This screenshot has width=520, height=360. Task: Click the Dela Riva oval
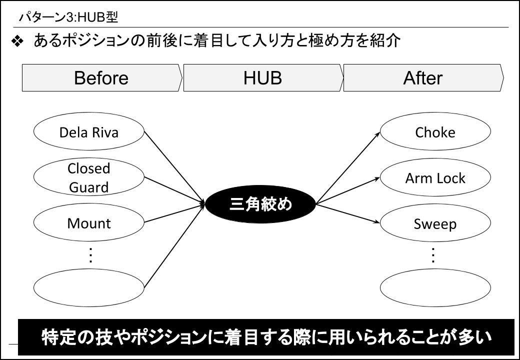[89, 131]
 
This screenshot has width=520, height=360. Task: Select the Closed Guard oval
[89, 177]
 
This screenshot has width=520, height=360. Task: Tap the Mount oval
[89, 222]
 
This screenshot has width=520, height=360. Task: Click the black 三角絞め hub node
[260, 204]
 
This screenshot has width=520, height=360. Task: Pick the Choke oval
[435, 131]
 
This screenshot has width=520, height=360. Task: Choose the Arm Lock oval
[435, 177]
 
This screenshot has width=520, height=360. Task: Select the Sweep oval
[435, 223]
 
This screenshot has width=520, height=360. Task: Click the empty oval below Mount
[89, 287]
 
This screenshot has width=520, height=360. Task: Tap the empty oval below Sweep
[435, 287]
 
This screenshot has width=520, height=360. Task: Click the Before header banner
[102, 77]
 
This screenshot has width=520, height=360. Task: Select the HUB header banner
[263, 77]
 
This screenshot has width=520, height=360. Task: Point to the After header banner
[423, 77]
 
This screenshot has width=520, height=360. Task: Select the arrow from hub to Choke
[348, 167]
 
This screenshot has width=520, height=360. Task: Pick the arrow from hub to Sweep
[348, 213]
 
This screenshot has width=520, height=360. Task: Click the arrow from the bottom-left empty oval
[175, 245]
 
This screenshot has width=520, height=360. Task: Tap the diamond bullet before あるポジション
[17, 41]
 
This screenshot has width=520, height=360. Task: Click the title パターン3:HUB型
[68, 17]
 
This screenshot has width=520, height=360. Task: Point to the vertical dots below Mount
[90, 255]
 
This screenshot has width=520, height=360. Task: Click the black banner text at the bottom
[266, 337]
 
